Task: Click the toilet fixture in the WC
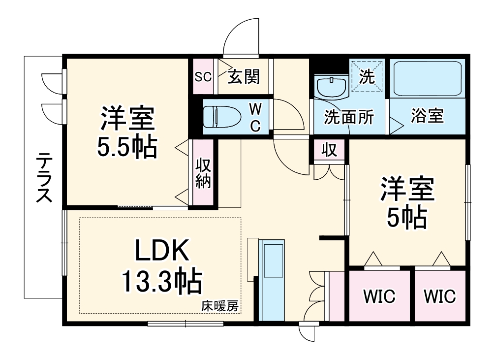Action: [221, 117]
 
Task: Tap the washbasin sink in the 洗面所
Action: [330, 87]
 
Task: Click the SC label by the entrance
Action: [203, 77]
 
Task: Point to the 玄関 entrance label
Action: [244, 77]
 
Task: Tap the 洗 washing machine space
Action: [367, 76]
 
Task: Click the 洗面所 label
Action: [348, 117]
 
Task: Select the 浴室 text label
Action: [427, 116]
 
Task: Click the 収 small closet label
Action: [329, 150]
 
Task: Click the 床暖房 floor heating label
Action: [219, 306]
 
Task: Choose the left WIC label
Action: [379, 296]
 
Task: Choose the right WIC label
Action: [440, 296]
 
